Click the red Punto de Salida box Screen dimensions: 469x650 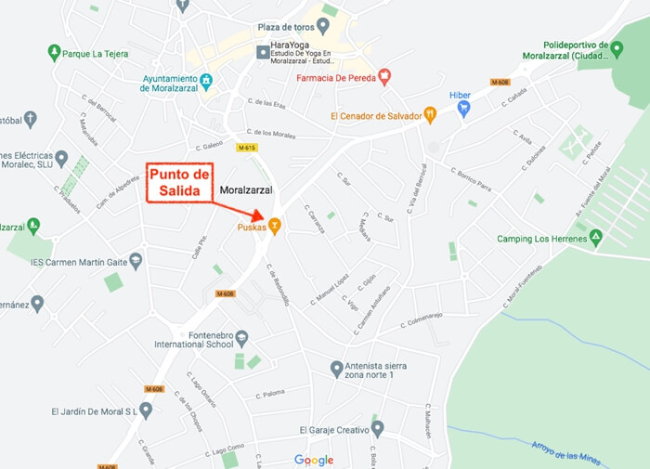pyautogui.click(x=178, y=183)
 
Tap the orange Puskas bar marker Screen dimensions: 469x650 pyautogui.click(x=275, y=226)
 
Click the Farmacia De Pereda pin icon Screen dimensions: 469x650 pyautogui.click(x=384, y=78)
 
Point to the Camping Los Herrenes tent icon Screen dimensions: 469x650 pyautogui.click(x=596, y=239)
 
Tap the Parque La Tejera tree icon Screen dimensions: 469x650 pyautogui.click(x=54, y=53)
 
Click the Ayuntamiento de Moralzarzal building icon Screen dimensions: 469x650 pyautogui.click(x=206, y=82)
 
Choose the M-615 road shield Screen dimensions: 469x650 pyautogui.click(x=247, y=148)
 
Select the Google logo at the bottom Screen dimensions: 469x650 pyautogui.click(x=314, y=460)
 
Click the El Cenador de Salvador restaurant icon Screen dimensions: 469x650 pyautogui.click(x=430, y=115)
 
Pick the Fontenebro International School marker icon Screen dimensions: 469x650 pyautogui.click(x=242, y=337)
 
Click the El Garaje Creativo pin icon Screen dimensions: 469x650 pyautogui.click(x=377, y=429)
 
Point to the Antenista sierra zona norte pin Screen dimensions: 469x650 pyautogui.click(x=337, y=369)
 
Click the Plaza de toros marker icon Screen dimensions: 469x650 pyautogui.click(x=324, y=26)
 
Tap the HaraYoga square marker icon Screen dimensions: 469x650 pyautogui.click(x=263, y=51)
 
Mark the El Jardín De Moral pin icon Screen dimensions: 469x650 pyautogui.click(x=146, y=410)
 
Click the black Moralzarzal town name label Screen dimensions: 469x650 pyautogui.click(x=245, y=190)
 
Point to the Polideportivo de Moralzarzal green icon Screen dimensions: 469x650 pyautogui.click(x=617, y=50)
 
